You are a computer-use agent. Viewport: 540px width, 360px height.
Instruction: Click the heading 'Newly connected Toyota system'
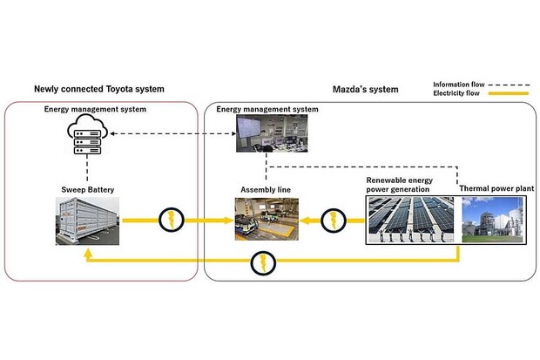tap(98, 89)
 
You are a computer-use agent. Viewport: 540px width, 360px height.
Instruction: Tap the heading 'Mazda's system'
tap(366, 89)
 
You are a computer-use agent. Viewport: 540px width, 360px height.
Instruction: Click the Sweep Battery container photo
tap(84, 219)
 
